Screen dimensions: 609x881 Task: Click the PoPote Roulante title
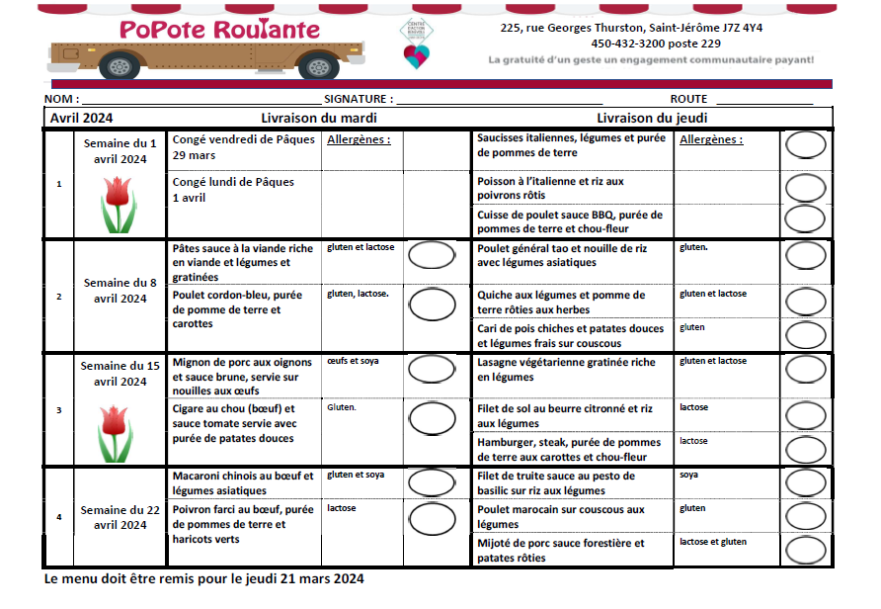pos(219,30)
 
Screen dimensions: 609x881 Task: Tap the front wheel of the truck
pos(318,67)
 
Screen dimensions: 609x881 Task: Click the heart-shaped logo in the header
pos(417,55)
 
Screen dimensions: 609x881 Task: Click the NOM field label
pos(60,100)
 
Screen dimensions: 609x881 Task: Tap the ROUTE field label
pos(688,100)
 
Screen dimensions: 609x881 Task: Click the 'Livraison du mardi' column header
pos(319,118)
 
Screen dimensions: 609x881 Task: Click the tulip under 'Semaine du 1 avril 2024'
pos(119,204)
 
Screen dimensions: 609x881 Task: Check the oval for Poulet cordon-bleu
pos(433,303)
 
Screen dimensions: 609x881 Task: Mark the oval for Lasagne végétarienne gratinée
pos(806,370)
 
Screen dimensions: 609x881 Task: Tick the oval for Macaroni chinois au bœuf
pos(433,481)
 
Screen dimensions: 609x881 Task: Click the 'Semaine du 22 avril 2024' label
pos(120,518)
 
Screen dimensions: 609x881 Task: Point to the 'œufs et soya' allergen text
pos(353,361)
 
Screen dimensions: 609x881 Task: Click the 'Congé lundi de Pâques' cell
pos(233,190)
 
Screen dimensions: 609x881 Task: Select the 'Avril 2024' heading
pos(82,118)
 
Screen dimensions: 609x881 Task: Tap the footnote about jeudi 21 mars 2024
pos(203,578)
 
